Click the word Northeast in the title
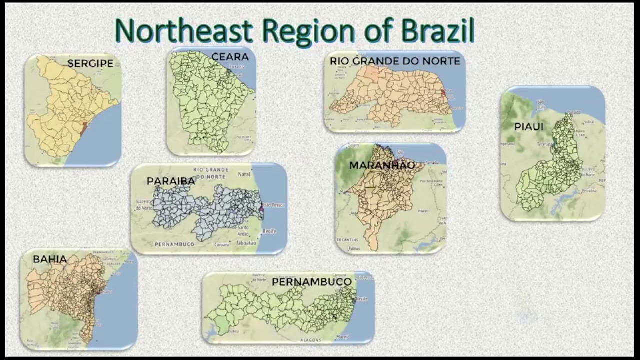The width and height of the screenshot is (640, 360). pos(183,31)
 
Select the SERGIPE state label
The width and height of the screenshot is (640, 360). pos(90,63)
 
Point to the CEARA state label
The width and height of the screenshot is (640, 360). pos(230,57)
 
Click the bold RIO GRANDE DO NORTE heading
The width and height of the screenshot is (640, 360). pos(395,61)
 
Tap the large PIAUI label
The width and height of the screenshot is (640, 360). pos(528,127)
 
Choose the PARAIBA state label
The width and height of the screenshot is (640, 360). pos(171,181)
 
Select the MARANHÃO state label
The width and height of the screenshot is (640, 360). pos(382,165)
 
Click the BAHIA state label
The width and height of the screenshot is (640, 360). pos(50,259)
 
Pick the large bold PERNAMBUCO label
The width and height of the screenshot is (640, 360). pos(312,282)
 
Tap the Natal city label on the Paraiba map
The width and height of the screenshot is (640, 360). pos(244,175)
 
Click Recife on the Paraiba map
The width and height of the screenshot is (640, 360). pos(269,231)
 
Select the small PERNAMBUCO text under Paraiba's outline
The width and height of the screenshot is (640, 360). pos(174,244)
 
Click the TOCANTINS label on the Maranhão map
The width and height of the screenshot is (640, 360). pos(347,240)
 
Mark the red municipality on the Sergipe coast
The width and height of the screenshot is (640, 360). pos(83,128)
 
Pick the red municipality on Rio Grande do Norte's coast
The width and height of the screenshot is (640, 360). pos(443,92)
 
